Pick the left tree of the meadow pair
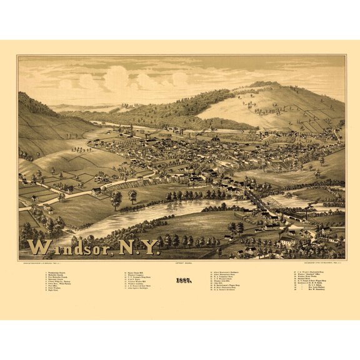coord(116,199)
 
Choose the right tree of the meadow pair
coord(132,196)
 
